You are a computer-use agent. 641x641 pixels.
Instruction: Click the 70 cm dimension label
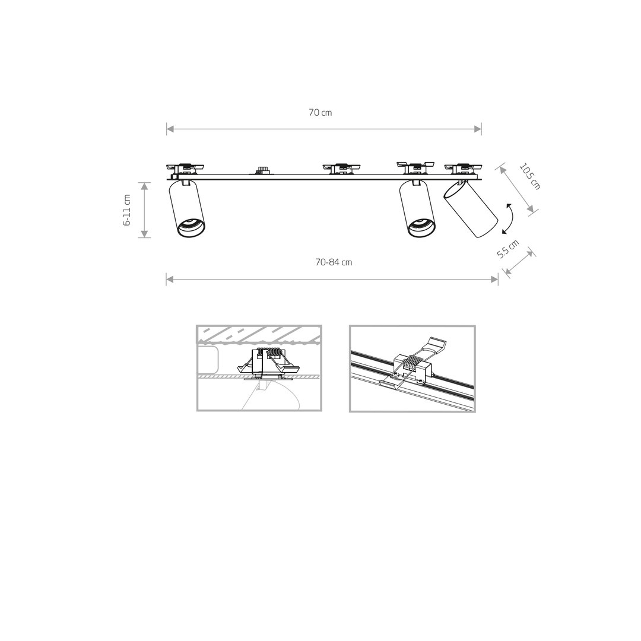click(320, 112)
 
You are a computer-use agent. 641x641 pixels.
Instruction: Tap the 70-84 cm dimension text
click(334, 262)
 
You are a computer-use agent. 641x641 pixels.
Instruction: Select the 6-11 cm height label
click(127, 210)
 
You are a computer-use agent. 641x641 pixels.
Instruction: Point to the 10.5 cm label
click(530, 176)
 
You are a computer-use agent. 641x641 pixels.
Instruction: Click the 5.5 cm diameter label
click(507, 249)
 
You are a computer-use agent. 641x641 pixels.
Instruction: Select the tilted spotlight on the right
click(471, 209)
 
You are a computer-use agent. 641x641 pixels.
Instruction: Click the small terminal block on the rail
click(261, 170)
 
